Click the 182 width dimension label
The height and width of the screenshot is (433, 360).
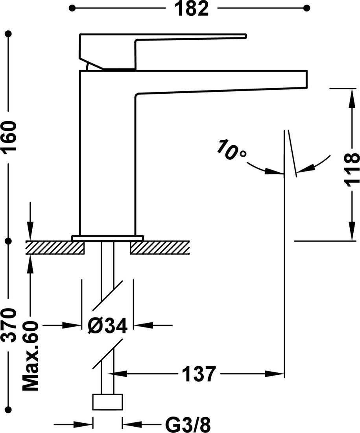tap(192, 8)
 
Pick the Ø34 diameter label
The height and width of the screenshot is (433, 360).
tap(107, 326)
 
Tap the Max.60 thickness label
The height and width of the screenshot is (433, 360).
tap(30, 356)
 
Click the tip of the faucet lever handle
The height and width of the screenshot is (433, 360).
tap(246, 35)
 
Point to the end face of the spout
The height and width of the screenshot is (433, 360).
tap(307, 80)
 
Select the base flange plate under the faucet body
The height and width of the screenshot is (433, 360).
tap(108, 238)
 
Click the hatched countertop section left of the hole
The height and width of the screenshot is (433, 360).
tap(55, 248)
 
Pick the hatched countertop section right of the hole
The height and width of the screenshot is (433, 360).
tap(160, 248)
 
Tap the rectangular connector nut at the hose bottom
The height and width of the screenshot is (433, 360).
tap(107, 402)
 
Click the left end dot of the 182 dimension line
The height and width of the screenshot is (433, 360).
tap(72, 8)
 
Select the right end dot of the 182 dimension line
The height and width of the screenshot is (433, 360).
tap(306, 8)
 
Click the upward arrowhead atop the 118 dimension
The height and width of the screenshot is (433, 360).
tap(352, 98)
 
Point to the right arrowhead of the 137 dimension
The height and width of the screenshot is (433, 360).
tap(274, 374)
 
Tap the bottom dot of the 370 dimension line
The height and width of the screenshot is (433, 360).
tap(9, 409)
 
